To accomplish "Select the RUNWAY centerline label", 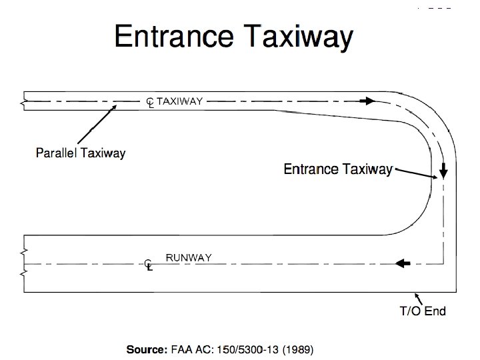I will (x=189, y=258).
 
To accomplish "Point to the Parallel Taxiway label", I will (x=80, y=153).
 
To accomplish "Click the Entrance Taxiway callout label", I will (x=338, y=169).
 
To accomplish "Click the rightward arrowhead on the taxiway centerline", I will (x=367, y=101).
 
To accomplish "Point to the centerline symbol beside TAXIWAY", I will (x=150, y=102).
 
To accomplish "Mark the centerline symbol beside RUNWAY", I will (x=149, y=265).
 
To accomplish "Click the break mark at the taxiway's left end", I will (x=24, y=102).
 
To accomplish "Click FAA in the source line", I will (x=178, y=349).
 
